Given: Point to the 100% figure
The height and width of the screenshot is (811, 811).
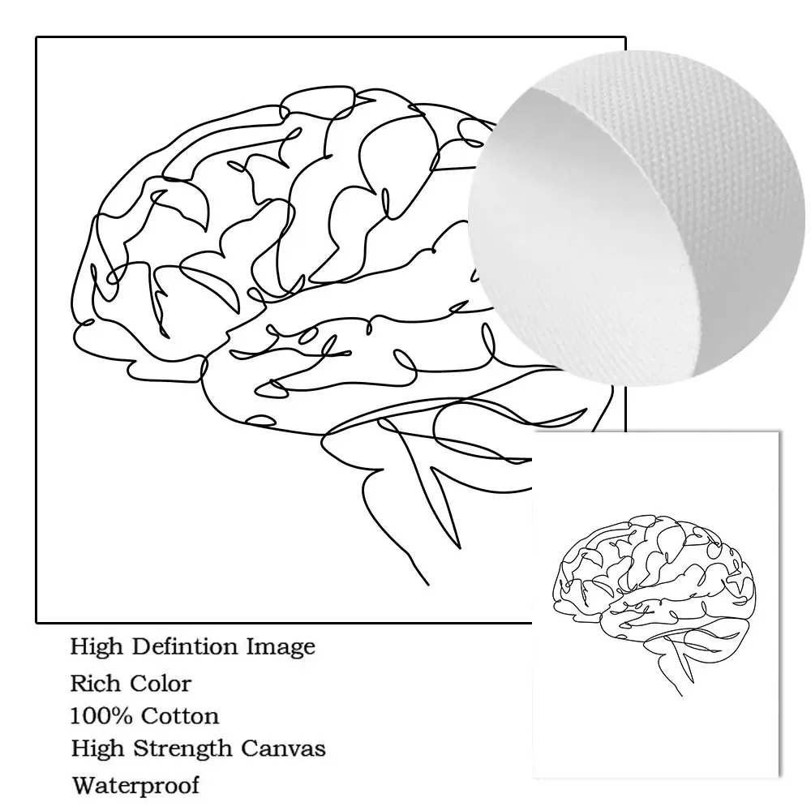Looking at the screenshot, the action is coord(101,716).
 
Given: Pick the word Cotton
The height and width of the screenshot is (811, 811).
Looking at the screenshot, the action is coord(179,716).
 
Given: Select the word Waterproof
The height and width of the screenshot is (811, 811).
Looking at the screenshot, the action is coord(135,785).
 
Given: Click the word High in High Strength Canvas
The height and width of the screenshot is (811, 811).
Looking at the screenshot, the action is coord(92,748).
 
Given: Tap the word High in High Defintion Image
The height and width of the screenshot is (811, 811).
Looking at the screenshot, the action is coord(92,647).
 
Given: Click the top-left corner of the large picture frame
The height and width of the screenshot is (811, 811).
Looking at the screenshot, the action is coord(36,37).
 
